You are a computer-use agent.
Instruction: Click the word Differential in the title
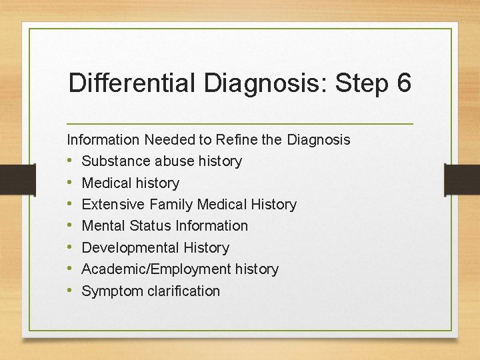click(131, 85)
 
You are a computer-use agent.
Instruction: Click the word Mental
click(103, 226)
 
